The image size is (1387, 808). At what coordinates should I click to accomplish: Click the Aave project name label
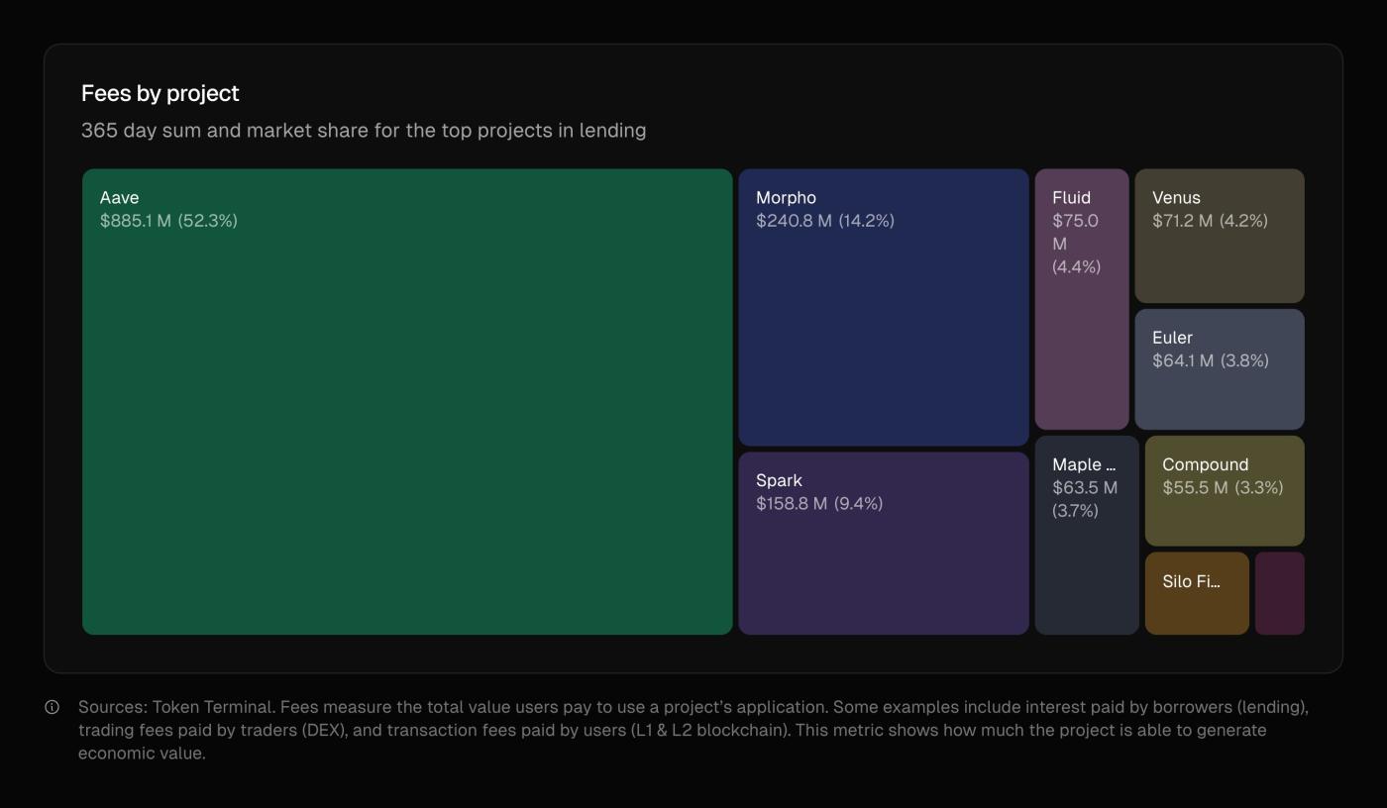click(119, 198)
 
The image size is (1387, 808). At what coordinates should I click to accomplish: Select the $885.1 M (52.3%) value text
click(168, 221)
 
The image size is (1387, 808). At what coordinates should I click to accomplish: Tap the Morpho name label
click(786, 198)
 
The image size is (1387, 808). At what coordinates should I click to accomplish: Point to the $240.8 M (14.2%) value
click(824, 221)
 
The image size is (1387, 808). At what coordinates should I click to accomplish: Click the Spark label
click(779, 481)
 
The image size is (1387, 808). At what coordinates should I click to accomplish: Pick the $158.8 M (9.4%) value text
click(818, 504)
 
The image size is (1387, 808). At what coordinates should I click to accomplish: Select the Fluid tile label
click(1071, 198)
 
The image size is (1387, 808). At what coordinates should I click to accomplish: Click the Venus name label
click(1176, 198)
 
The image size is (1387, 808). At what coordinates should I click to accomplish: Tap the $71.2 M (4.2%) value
click(1210, 221)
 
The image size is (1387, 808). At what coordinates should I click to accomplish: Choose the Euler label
click(1172, 338)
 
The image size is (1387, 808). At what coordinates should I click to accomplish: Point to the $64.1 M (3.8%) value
click(1210, 360)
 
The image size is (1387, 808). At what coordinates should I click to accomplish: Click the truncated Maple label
click(1084, 465)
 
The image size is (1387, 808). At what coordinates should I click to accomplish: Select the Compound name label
click(1205, 465)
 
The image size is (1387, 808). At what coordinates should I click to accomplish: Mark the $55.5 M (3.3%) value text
click(1223, 488)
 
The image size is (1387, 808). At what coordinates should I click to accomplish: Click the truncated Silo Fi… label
click(1191, 582)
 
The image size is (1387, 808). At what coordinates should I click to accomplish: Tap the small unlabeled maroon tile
click(1279, 593)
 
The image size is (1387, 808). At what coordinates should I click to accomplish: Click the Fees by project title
click(160, 93)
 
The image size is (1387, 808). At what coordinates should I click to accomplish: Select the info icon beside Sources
click(53, 707)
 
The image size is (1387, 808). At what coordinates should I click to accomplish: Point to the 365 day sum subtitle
click(363, 131)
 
